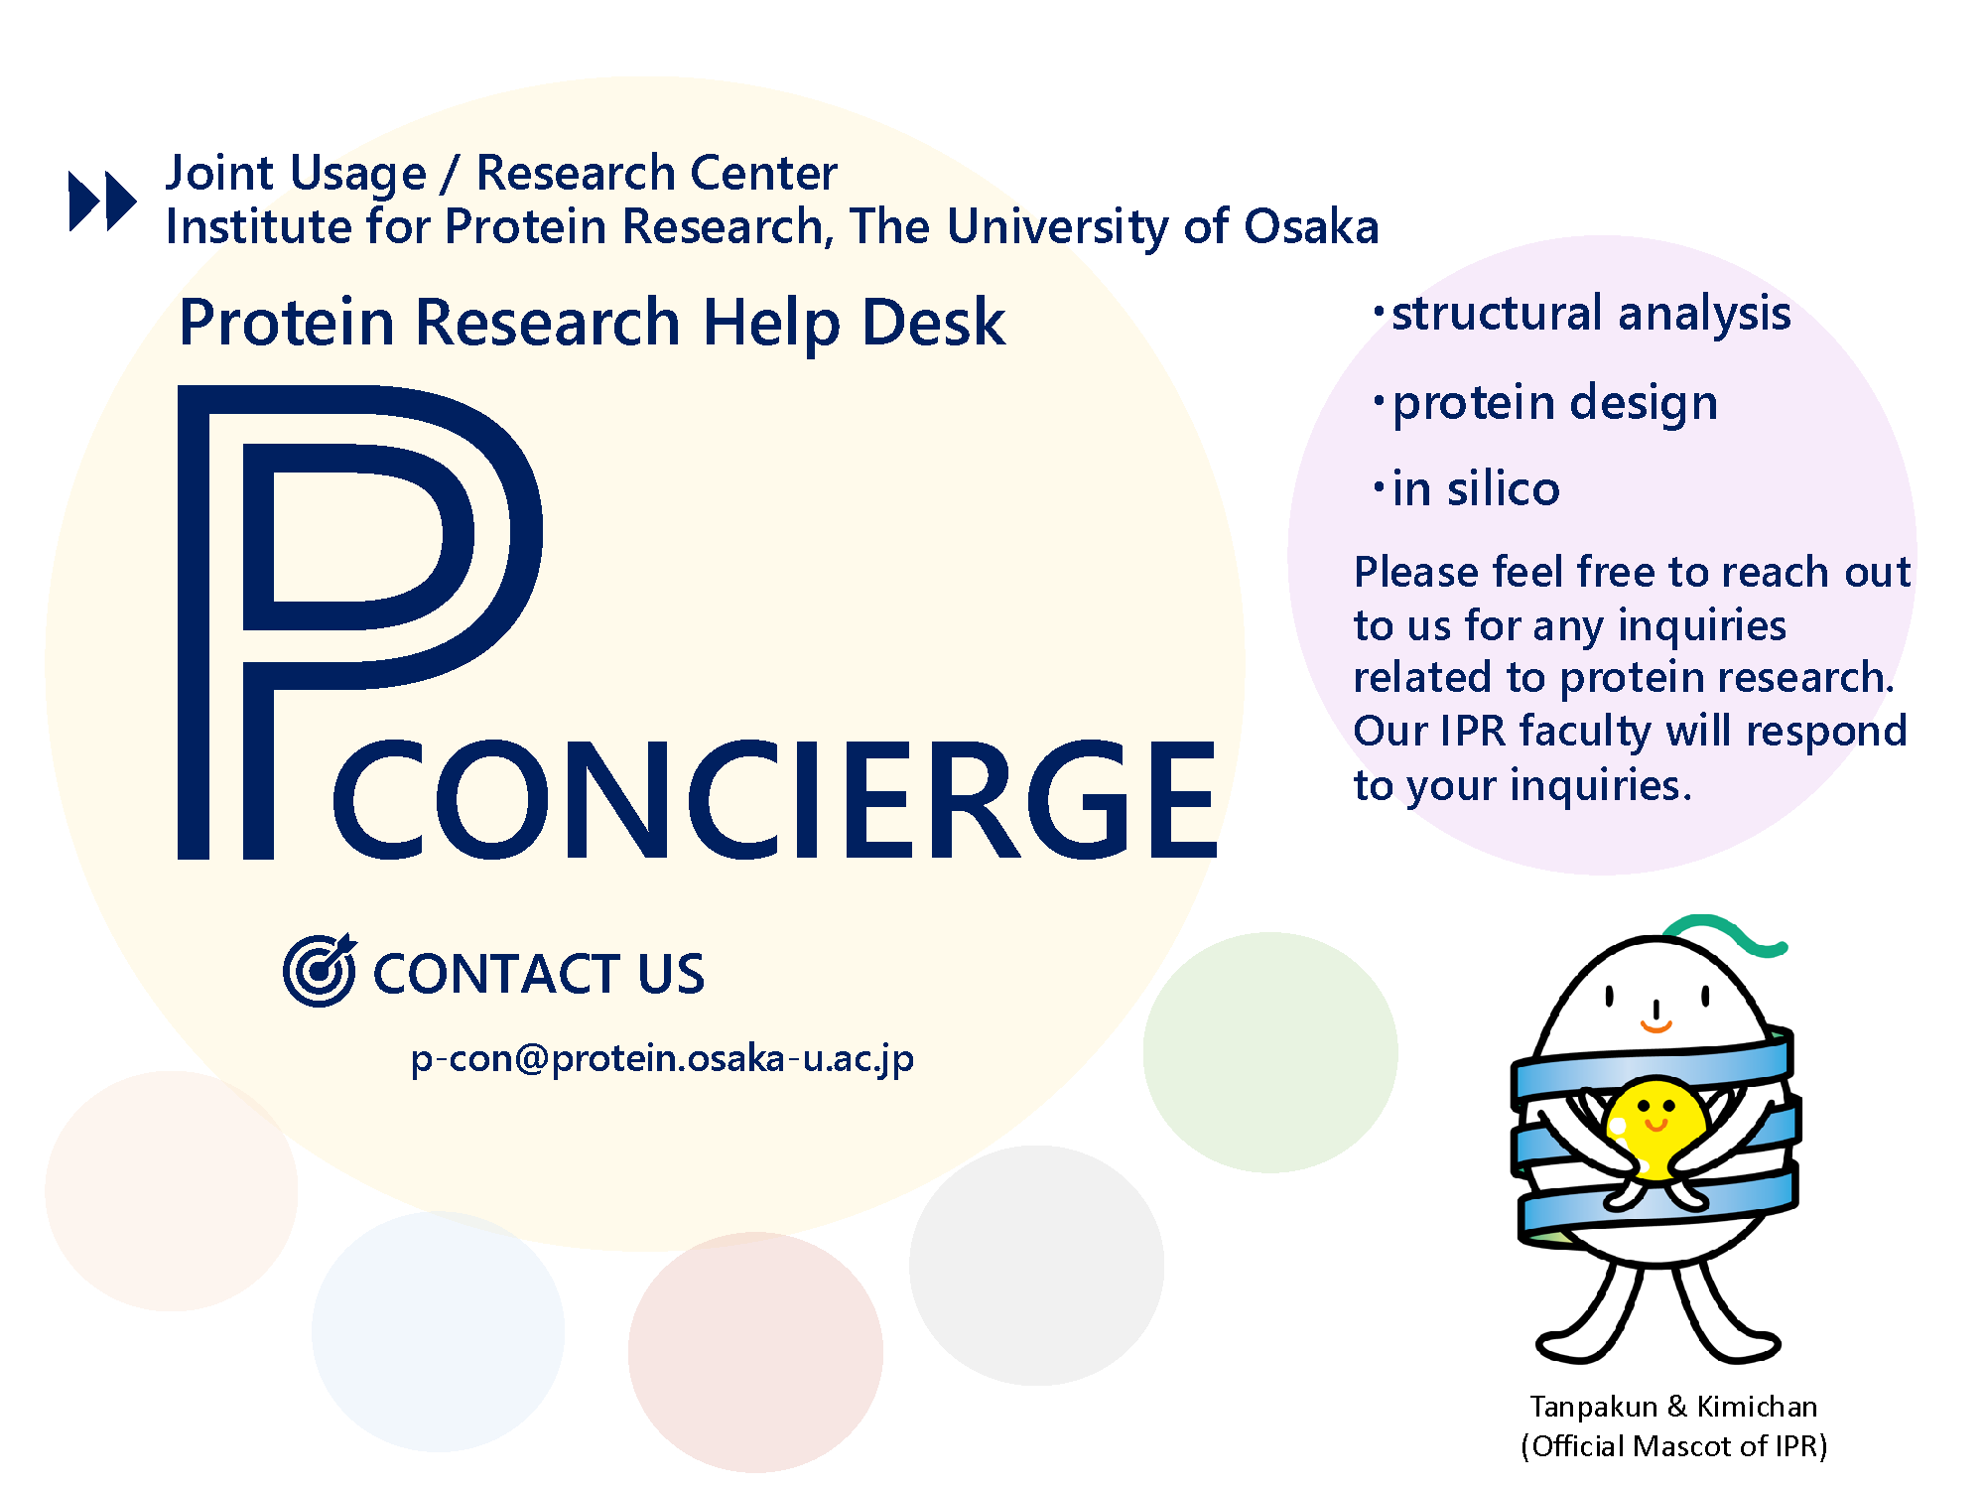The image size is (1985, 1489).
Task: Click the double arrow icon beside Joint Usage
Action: tap(102, 202)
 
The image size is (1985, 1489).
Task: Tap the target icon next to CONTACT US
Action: tap(320, 970)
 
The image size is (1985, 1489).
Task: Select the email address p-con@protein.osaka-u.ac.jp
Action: tap(662, 1059)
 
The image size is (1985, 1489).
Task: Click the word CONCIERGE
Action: tap(774, 799)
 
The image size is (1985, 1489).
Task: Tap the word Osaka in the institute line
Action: tap(1311, 226)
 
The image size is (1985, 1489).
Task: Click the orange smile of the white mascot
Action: tap(1655, 1024)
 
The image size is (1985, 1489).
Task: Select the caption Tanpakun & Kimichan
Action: tap(1673, 1407)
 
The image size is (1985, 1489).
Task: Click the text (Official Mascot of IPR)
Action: tap(1673, 1446)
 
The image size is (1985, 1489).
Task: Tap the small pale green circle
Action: tap(1270, 1052)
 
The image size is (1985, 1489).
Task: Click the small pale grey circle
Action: tap(1036, 1265)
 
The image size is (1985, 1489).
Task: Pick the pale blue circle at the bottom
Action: tap(438, 1331)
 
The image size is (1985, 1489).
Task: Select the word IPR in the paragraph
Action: tap(1473, 732)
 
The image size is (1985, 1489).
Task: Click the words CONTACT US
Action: tap(539, 974)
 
